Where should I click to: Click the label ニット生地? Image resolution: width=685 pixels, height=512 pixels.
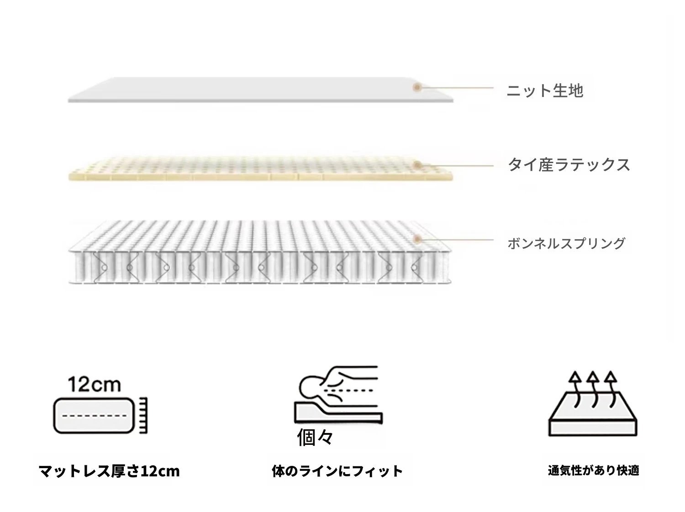click(545, 91)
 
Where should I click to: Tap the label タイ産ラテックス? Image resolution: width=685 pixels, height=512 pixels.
click(569, 165)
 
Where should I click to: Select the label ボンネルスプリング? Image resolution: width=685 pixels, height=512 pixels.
click(566, 243)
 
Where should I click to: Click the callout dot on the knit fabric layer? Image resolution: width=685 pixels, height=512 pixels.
click(417, 87)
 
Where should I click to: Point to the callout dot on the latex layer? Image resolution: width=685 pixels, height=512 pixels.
click(417, 165)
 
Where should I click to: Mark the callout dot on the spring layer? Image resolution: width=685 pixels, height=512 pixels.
click(417, 240)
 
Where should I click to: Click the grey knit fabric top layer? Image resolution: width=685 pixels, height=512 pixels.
click(261, 90)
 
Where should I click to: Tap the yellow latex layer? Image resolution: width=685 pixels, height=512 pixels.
click(261, 169)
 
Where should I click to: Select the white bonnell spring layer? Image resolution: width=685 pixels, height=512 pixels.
click(260, 253)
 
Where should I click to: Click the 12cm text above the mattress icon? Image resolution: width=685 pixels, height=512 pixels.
click(94, 385)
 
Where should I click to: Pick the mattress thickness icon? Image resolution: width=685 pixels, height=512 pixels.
click(100, 415)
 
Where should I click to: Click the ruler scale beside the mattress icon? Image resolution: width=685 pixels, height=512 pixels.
click(143, 415)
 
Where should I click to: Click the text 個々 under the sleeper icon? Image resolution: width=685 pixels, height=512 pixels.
click(315, 437)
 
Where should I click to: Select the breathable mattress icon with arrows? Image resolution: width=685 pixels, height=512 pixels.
click(593, 403)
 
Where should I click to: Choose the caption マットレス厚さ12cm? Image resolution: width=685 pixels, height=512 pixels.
click(109, 471)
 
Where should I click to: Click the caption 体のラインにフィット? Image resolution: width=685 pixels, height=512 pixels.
click(337, 471)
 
